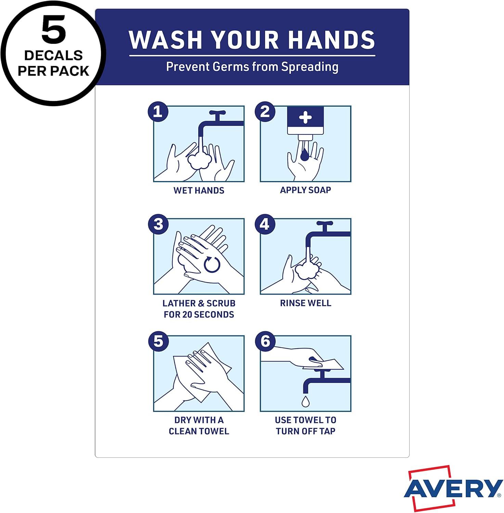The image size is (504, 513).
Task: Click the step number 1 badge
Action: pyautogui.click(x=158, y=111)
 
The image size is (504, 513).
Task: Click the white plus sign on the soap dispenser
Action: pyautogui.click(x=305, y=118)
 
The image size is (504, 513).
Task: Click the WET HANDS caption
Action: pyautogui.click(x=199, y=190)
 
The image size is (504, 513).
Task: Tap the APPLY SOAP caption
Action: pyautogui.click(x=306, y=190)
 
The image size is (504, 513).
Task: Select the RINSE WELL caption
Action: pyautogui.click(x=306, y=303)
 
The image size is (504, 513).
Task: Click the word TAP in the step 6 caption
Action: pyautogui.click(x=327, y=431)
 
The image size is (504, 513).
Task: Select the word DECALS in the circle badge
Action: pyautogui.click(x=53, y=55)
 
